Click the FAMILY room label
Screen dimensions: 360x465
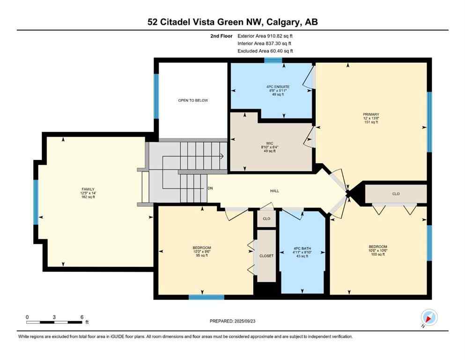click(x=88, y=189)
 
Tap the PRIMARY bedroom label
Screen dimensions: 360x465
click(x=370, y=114)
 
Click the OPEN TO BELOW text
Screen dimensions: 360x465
click(x=192, y=100)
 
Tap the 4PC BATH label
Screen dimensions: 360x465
click(x=303, y=248)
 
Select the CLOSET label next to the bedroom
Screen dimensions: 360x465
click(x=266, y=255)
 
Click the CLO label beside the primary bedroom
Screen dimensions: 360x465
click(x=396, y=194)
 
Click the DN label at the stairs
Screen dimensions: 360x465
click(x=211, y=188)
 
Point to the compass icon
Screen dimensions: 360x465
click(x=429, y=317)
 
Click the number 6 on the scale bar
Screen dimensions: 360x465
click(x=81, y=317)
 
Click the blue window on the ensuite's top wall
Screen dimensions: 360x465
click(x=273, y=60)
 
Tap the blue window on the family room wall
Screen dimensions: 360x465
click(x=36, y=202)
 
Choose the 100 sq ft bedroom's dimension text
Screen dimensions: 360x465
click(x=378, y=250)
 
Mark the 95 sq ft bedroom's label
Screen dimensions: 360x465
click(x=202, y=247)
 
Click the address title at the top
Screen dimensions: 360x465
click(x=232, y=22)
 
